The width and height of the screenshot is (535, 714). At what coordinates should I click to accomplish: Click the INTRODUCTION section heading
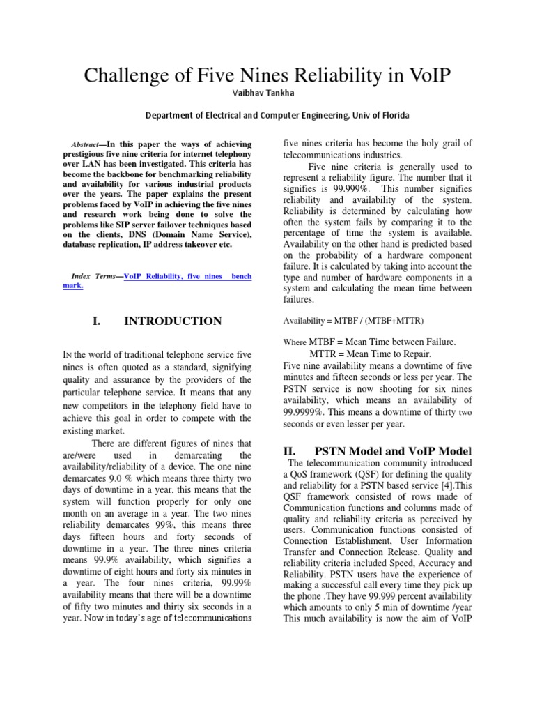click(173, 321)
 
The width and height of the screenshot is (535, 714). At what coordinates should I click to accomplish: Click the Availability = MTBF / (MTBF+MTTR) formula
click(352, 320)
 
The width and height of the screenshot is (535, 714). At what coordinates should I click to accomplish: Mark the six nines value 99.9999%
click(304, 411)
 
